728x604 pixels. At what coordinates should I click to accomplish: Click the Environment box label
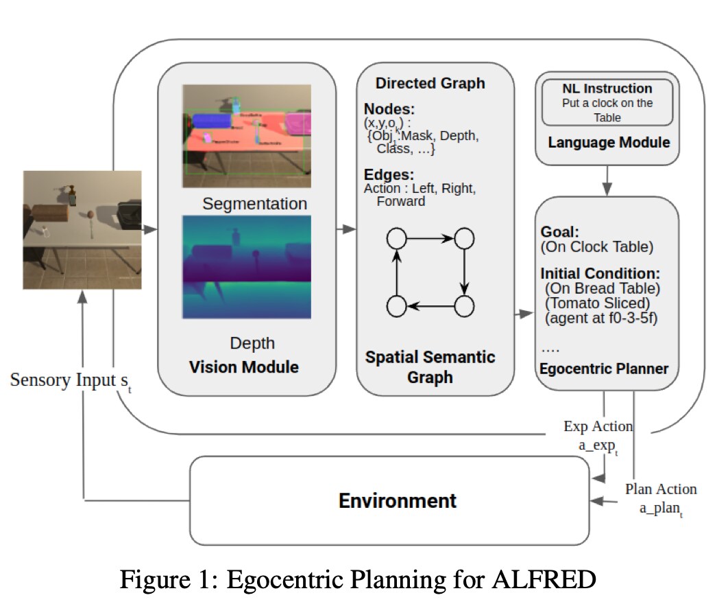pyautogui.click(x=398, y=500)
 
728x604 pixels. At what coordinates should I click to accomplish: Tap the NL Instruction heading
pyautogui.click(x=607, y=89)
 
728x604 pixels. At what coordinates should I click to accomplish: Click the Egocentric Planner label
pyautogui.click(x=604, y=369)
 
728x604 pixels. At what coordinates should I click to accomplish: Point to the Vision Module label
pyautogui.click(x=244, y=367)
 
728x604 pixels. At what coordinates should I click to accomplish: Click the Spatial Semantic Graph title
pyautogui.click(x=430, y=367)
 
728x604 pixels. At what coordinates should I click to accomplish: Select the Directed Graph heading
pyautogui.click(x=430, y=83)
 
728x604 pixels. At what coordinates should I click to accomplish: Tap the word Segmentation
pyautogui.click(x=254, y=204)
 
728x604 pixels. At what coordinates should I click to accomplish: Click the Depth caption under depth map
pyautogui.click(x=252, y=342)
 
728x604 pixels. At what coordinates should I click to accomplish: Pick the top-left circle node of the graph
pyautogui.click(x=396, y=239)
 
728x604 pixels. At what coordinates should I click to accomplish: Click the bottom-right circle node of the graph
pyautogui.click(x=465, y=306)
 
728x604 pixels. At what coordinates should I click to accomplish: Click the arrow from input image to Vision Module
pyautogui.click(x=149, y=230)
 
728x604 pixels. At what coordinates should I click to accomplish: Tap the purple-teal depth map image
pyautogui.click(x=246, y=266)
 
